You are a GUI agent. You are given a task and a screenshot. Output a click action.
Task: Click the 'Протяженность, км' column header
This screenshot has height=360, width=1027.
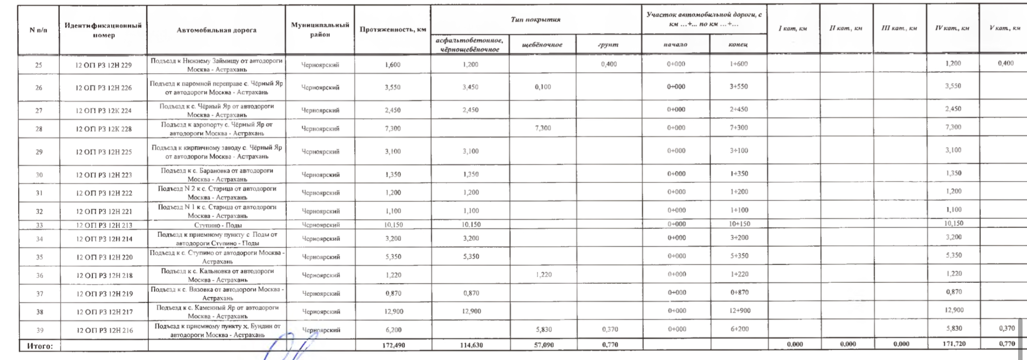coord(393,30)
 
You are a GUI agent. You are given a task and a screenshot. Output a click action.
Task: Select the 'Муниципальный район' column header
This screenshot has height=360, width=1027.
coord(320,30)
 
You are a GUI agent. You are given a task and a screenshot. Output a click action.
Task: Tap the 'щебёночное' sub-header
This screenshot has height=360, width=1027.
coord(542,45)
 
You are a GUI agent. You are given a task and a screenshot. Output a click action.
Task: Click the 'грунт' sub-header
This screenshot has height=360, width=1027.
coord(608,45)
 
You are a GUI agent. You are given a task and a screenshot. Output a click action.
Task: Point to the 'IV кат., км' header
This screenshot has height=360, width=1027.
coord(952,28)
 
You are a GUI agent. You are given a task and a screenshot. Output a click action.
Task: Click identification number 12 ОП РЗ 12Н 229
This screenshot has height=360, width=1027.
coord(103,65)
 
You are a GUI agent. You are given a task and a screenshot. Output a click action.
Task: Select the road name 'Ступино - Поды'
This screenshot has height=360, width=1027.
coord(218,225)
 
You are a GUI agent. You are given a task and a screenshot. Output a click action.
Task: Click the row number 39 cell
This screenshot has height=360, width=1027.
coord(39,330)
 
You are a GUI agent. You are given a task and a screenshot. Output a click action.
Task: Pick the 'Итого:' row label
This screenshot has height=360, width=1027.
coord(40,346)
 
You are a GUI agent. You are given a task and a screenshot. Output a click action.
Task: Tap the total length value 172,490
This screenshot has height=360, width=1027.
coord(394,345)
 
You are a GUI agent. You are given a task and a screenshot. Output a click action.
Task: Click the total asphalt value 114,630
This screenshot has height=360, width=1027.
coord(471,345)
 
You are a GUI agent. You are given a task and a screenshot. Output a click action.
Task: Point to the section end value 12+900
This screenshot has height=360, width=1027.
coord(739,311)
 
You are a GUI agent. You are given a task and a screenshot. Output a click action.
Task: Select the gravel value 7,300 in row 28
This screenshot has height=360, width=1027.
coord(543,128)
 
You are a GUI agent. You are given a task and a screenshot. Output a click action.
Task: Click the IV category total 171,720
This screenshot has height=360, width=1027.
coord(953,344)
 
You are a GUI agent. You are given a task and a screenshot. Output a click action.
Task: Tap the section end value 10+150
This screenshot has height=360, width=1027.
coord(739,224)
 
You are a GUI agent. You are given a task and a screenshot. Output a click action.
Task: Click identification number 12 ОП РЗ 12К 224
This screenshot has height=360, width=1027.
coord(103,111)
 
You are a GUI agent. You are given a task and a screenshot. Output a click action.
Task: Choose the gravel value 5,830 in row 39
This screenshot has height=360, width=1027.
coord(543,329)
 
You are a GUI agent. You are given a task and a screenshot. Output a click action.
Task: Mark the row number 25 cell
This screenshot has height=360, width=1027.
coord(39,65)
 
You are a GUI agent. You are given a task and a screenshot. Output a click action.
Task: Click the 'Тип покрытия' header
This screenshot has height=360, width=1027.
coord(536,20)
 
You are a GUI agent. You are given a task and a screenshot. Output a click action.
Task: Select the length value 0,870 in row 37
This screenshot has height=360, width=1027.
coord(394,293)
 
